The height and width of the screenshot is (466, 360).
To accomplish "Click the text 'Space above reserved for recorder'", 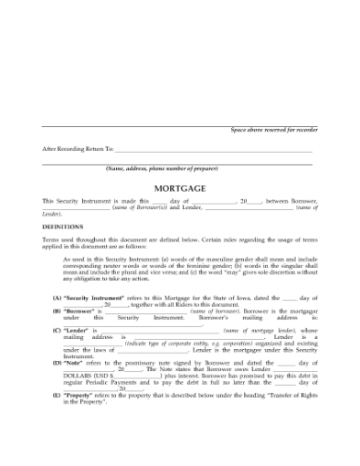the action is coord(271,132).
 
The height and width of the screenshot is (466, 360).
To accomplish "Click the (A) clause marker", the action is coord(57,299).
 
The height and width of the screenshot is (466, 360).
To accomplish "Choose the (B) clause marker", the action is coord(57,311).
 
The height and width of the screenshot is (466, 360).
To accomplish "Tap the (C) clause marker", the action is coord(57,329).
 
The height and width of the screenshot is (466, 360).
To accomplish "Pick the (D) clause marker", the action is coord(57,364).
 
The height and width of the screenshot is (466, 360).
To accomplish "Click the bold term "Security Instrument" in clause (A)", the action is coord(91,299).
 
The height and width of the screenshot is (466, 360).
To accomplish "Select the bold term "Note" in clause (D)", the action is coord(74,364).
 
